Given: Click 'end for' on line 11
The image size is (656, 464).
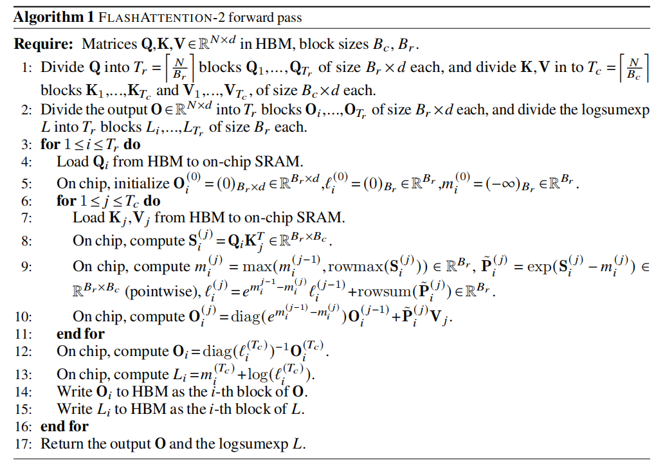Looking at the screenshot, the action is tap(80, 334).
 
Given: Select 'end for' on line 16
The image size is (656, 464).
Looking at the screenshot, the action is tap(64, 426).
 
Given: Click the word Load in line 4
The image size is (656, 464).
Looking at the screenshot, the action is tap(71, 161).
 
